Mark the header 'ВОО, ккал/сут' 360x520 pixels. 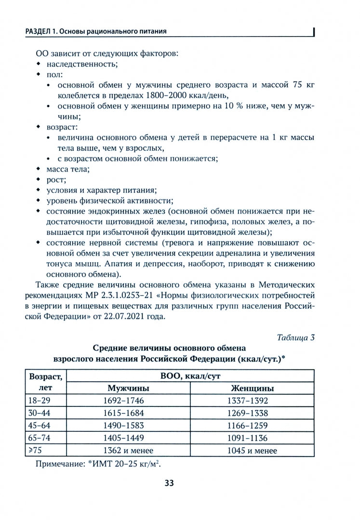coord(191,376)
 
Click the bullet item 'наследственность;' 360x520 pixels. coord(82,64)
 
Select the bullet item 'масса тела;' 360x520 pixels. coord(68,169)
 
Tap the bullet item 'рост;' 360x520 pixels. coord(56,180)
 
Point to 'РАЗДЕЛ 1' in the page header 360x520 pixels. coord(31,32)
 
